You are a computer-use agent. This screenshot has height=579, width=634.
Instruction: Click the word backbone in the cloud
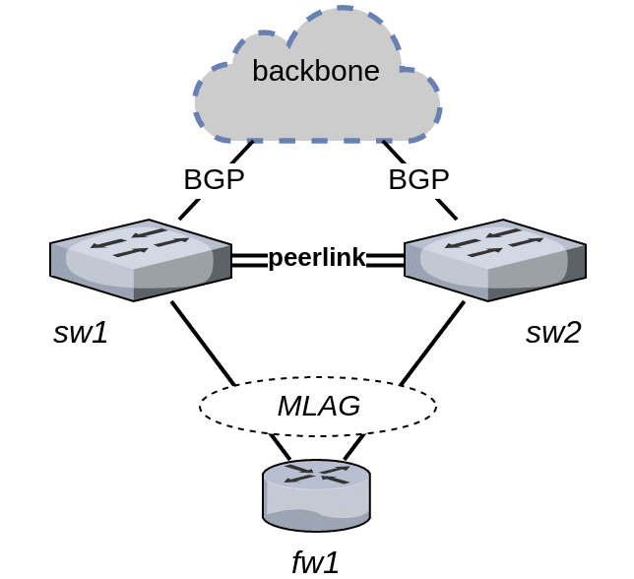click(316, 71)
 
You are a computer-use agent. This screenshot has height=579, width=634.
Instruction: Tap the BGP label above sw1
click(214, 180)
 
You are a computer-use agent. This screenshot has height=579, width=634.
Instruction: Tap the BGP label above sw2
click(418, 180)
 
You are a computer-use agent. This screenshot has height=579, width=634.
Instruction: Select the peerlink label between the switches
click(317, 259)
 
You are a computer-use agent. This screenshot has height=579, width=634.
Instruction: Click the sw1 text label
click(80, 333)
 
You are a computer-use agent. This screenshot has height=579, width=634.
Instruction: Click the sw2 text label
click(552, 333)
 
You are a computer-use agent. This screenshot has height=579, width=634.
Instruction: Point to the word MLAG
click(318, 406)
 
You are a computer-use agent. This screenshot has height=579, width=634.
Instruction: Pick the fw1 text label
click(316, 562)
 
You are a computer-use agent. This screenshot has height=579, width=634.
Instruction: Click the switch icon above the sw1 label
click(139, 260)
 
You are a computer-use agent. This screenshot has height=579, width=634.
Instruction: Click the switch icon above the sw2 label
click(495, 260)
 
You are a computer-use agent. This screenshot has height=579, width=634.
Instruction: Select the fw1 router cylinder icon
click(316, 497)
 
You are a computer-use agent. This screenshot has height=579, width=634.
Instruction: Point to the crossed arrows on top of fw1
click(316, 476)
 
